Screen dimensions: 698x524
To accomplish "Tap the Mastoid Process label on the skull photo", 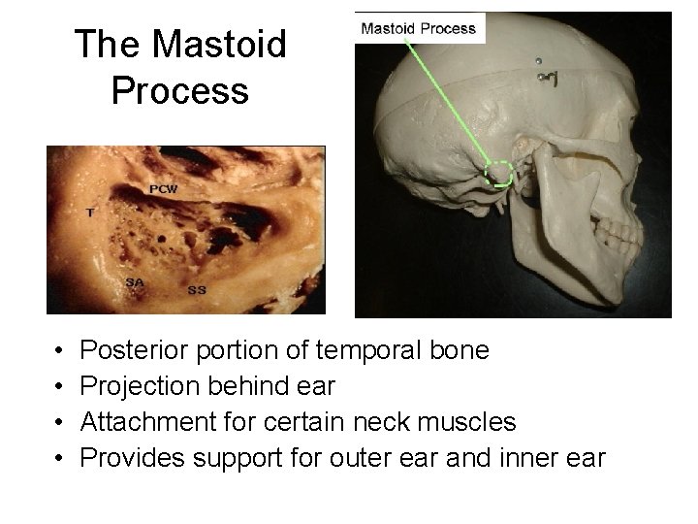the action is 418,28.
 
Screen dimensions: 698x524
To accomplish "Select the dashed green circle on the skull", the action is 498,173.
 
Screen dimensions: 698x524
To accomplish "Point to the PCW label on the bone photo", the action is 163,188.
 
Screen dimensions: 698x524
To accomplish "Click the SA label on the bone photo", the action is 136,280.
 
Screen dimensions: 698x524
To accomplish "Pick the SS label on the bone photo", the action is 196,289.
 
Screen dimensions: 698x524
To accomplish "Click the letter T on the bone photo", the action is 90,211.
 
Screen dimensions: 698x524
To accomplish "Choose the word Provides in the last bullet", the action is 132,458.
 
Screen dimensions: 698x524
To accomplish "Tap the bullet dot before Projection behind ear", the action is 59,387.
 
